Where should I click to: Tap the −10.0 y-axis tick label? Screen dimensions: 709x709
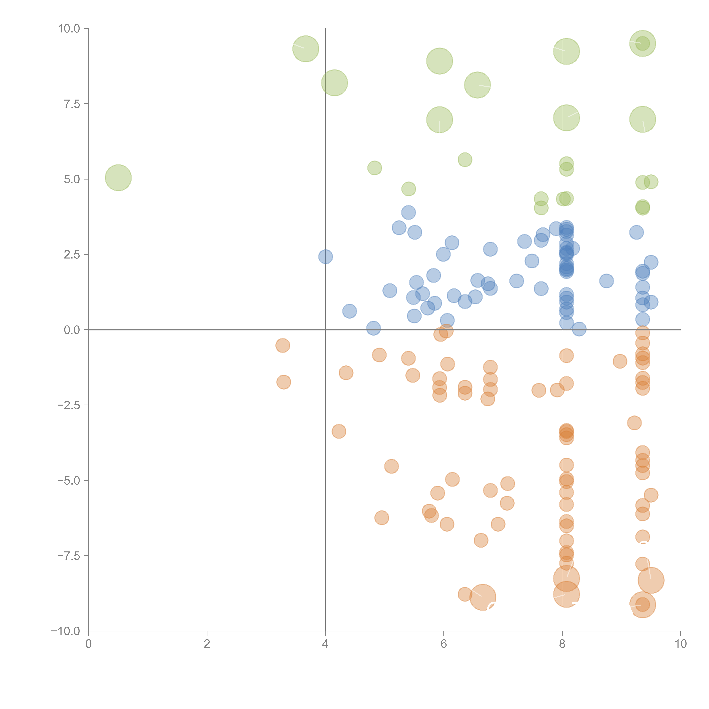click(x=65, y=631)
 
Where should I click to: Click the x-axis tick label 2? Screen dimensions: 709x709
click(x=207, y=644)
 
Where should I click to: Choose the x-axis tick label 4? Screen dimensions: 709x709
click(x=325, y=644)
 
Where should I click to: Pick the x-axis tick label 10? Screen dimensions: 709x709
click(x=680, y=644)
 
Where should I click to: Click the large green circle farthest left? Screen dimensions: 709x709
click(x=118, y=178)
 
